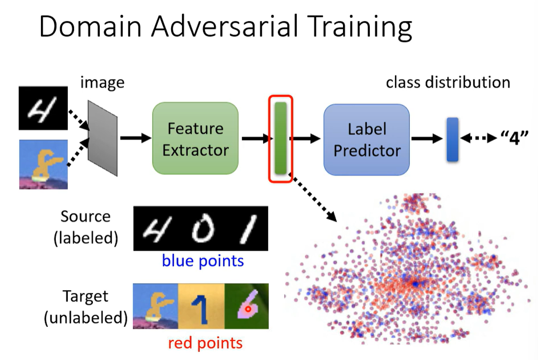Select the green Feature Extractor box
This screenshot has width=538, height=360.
tap(196, 139)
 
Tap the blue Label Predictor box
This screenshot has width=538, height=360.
tap(367, 140)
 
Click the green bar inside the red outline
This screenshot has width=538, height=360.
tap(280, 138)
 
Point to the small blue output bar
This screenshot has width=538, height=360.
tap(452, 139)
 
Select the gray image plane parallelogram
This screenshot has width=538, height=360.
tap(103, 138)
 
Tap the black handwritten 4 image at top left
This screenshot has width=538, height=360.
tap(43, 108)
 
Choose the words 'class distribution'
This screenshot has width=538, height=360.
tap(448, 82)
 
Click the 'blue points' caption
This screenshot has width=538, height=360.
tap(203, 261)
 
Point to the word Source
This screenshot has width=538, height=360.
tap(85, 216)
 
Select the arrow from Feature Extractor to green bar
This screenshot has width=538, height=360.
tap(255, 139)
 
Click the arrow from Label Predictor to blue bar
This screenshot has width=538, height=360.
tap(426, 139)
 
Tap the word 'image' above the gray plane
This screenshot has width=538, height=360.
tap(102, 82)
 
